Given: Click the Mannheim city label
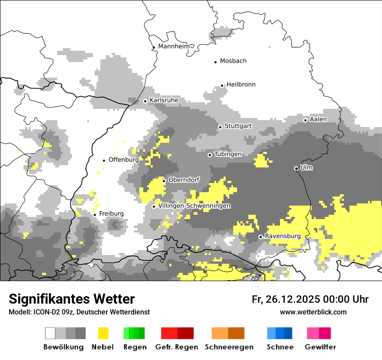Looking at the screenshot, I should [175, 46].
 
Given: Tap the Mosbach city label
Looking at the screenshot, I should [233, 61].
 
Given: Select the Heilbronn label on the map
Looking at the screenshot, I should [241, 85].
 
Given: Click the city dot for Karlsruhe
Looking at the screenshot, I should [145, 101].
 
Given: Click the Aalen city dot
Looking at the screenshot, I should [305, 120].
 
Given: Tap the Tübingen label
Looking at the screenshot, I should [228, 154].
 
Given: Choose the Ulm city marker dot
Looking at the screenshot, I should [296, 168].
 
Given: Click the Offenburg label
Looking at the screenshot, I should [124, 160].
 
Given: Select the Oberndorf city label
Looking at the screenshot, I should [184, 180].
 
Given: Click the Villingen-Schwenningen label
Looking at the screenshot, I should [194, 206].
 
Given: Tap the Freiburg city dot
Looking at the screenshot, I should [95, 215].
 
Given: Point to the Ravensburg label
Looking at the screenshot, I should [283, 236].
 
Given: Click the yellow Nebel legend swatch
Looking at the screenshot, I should [103, 333].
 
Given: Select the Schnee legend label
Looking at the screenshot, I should [280, 347].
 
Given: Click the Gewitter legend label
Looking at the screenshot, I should [320, 347].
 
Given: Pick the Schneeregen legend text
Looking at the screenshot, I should [229, 347].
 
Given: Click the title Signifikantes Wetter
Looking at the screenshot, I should [72, 299].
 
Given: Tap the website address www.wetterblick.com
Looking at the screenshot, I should [313, 312].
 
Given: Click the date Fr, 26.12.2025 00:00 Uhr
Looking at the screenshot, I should [310, 299].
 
